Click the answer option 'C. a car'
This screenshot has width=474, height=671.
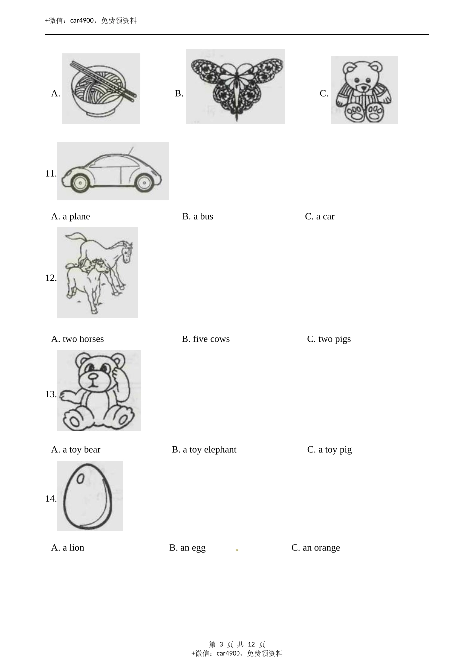point(319,216)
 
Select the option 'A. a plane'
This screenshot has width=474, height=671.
point(70,216)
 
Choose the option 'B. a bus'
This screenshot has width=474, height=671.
point(197,216)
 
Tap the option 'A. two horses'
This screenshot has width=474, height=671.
point(77,339)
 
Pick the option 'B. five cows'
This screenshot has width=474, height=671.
point(206,339)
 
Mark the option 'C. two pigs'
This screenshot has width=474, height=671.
point(329,339)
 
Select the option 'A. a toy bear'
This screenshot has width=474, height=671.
point(76,450)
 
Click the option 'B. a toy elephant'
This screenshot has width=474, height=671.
point(204,450)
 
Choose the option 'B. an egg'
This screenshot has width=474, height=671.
point(187,548)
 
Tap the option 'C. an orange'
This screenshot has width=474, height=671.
point(316,548)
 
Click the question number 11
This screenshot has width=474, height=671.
point(51,173)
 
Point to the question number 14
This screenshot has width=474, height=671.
point(51,498)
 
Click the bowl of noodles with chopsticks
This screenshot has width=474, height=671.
point(101,89)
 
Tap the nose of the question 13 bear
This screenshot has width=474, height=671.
point(93,376)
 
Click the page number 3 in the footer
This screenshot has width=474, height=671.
point(221,644)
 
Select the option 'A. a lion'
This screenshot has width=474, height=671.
point(68,548)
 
